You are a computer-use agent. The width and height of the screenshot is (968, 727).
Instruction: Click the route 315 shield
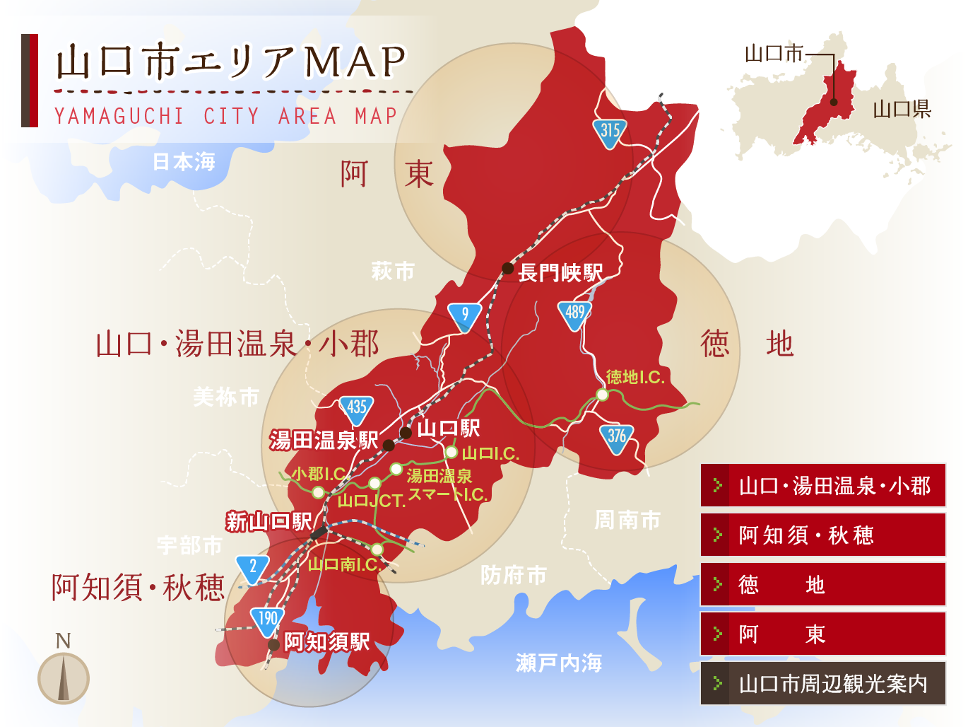pos(610,132)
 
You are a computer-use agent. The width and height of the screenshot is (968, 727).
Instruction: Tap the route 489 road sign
pos(575,314)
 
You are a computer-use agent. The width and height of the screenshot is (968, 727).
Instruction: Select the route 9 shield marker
pos(464,315)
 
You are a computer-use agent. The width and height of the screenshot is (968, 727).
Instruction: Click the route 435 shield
pos(356,408)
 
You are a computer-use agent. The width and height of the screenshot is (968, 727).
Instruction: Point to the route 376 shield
pos(616,437)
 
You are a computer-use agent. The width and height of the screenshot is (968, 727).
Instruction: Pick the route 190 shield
pos(267,620)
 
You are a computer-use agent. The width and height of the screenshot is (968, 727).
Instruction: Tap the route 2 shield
pos(253,568)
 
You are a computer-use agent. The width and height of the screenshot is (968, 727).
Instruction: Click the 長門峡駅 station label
pos(560,272)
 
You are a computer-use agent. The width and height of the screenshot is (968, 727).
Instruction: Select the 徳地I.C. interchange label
pos(635,377)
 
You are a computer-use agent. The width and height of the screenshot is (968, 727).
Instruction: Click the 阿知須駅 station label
pos(326,642)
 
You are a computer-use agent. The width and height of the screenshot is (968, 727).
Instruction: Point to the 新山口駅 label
pos(268,522)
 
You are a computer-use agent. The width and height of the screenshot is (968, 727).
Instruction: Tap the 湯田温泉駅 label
pos(324,441)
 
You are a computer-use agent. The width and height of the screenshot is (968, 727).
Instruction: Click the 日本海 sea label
pos(184,162)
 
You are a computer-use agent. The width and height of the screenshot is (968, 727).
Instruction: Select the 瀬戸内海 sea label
pos(558,663)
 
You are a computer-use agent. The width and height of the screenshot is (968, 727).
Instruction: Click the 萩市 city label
pos(392,271)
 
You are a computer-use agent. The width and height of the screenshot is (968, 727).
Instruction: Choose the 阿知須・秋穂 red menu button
pos(822,535)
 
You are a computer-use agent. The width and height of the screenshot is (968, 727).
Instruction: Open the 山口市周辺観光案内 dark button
pos(822,684)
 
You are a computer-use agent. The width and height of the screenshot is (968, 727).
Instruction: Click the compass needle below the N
pos(64,678)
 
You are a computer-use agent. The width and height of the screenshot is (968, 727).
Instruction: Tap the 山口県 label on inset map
pos(902,109)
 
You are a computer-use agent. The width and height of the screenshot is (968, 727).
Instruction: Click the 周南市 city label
pos(627,520)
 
